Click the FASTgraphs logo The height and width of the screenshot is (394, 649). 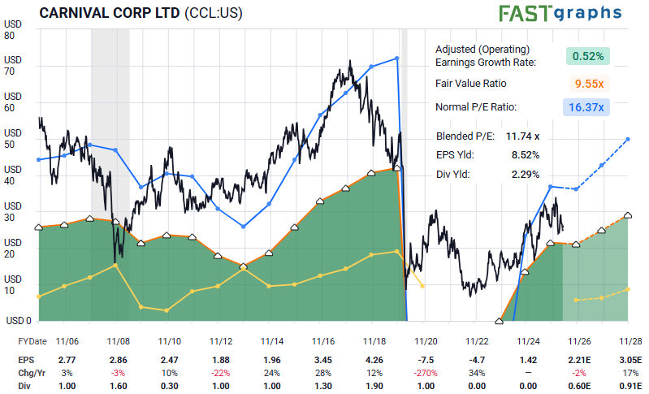[x=560, y=13]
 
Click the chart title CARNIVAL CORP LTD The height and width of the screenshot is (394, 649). [x=110, y=13]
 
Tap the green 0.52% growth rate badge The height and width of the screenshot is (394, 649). [x=588, y=56]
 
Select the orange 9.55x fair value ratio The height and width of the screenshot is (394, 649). [x=589, y=84]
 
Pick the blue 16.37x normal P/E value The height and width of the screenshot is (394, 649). [x=586, y=107]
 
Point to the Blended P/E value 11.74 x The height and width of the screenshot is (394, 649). [x=522, y=136]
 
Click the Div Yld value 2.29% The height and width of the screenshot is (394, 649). [x=526, y=174]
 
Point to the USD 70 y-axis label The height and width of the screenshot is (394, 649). [x=12, y=65]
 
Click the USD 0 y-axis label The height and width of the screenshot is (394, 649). [x=19, y=320]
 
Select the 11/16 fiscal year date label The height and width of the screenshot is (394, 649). [x=322, y=341]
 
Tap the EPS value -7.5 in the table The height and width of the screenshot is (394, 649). [x=426, y=360]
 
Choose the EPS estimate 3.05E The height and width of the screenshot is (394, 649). [x=631, y=360]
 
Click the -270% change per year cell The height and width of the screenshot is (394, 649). [x=426, y=373]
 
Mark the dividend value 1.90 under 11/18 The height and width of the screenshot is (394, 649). [x=374, y=386]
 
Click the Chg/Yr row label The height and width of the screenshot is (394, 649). [x=32, y=373]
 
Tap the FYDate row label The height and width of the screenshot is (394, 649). [x=32, y=341]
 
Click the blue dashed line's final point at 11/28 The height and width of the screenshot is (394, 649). [x=628, y=139]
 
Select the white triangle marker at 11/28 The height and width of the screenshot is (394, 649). [x=628, y=215]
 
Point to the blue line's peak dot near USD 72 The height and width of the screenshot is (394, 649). [x=397, y=58]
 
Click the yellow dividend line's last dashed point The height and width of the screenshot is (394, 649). [x=629, y=289]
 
